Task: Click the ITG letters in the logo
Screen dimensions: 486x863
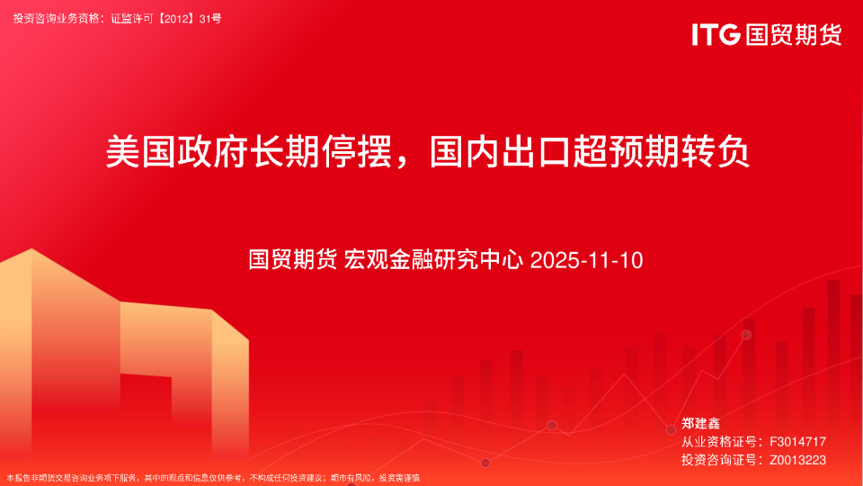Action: click(x=716, y=35)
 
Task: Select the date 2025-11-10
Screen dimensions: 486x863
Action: click(x=587, y=261)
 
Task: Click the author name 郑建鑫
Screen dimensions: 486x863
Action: click(x=700, y=423)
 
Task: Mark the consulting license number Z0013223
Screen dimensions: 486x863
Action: click(x=797, y=460)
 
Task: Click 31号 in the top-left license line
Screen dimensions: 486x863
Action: click(x=211, y=18)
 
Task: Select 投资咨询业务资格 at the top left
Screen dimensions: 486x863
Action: click(x=54, y=18)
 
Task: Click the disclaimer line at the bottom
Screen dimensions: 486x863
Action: click(x=213, y=478)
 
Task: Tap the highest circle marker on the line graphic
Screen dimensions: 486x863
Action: click(x=746, y=335)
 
